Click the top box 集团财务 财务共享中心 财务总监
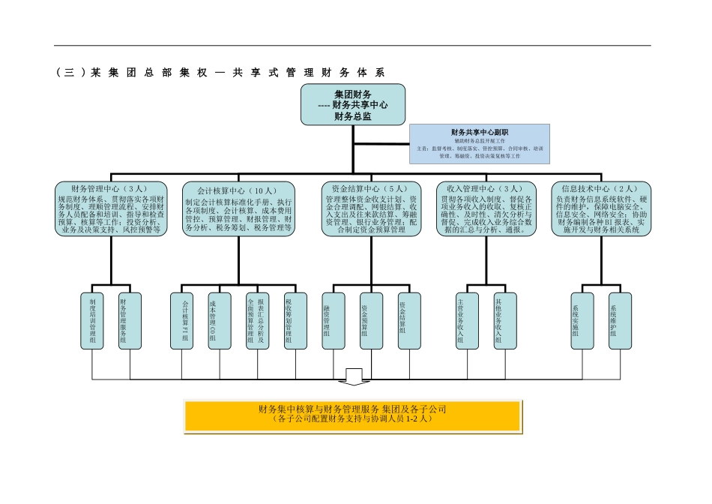[353, 104]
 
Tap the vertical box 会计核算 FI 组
[182, 321]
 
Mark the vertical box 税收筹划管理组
[295, 321]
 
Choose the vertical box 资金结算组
[409, 321]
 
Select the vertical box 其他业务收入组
[504, 321]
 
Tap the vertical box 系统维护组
[620, 321]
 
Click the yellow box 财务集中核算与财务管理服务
[352, 415]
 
